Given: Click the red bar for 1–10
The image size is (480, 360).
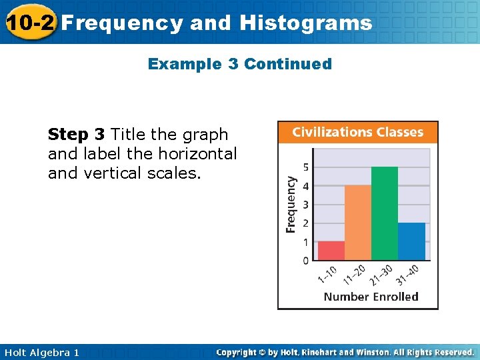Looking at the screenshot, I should (x=331, y=251).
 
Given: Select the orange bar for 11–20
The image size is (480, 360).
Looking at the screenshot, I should (x=358, y=223).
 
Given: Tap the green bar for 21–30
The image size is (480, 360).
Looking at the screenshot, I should (x=385, y=213).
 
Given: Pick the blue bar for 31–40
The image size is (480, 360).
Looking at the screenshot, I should (x=411, y=241).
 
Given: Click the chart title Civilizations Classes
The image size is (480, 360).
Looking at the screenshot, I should (x=358, y=132).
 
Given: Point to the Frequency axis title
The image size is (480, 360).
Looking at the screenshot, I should (x=291, y=204).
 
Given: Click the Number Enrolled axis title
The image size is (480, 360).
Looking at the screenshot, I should (x=371, y=297).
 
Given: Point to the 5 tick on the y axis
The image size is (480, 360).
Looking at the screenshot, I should (x=305, y=167).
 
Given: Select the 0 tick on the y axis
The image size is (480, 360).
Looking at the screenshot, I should (x=305, y=260).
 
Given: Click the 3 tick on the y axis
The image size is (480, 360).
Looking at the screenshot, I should (x=305, y=204).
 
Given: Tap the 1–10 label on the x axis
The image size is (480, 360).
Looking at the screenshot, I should (x=327, y=275).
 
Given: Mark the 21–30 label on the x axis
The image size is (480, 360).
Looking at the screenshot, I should (x=380, y=275).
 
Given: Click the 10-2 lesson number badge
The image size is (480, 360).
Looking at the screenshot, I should (x=29, y=23).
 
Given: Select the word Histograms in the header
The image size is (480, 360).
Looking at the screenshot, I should (x=306, y=23).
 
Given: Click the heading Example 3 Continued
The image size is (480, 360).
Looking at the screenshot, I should (x=240, y=64).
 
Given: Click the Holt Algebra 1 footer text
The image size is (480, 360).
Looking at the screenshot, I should (x=41, y=352).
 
